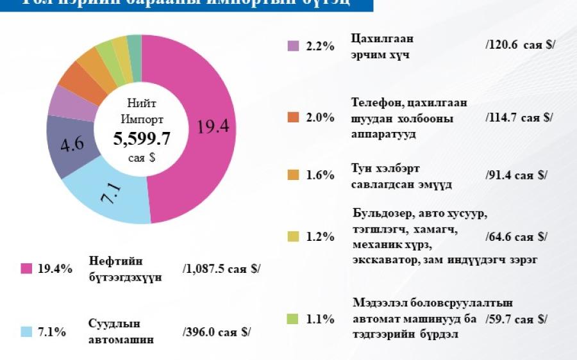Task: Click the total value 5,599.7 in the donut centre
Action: [x=142, y=138]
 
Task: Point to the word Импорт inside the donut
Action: [x=142, y=119]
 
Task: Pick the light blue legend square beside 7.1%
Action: [x=26, y=332]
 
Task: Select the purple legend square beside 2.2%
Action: [x=293, y=46]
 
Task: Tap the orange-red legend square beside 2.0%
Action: [x=293, y=117]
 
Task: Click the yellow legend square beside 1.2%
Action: [x=293, y=236]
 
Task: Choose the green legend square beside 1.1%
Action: [x=293, y=318]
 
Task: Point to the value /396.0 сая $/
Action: [x=216, y=332]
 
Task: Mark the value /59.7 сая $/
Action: [x=517, y=319]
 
